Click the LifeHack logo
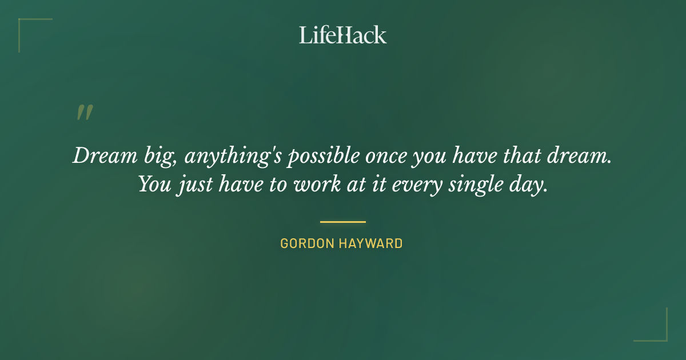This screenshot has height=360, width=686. click(343, 35)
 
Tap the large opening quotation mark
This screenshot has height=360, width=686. click(85, 113)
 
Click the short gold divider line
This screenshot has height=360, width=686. click(343, 222)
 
